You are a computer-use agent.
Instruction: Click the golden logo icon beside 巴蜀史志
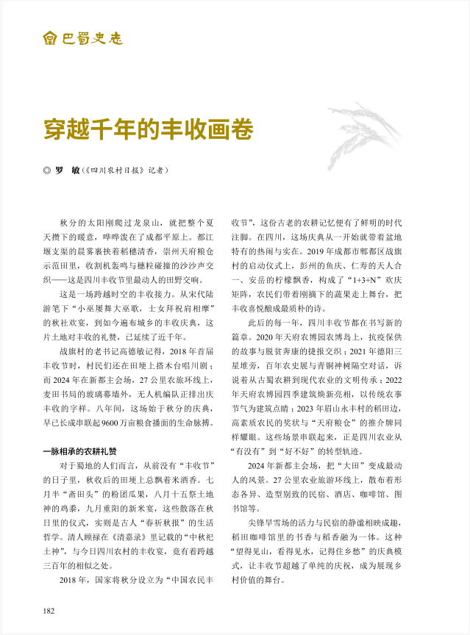click(x=49, y=37)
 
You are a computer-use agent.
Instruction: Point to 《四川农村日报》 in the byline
click(x=116, y=171)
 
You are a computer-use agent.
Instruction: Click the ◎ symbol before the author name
click(x=47, y=171)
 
